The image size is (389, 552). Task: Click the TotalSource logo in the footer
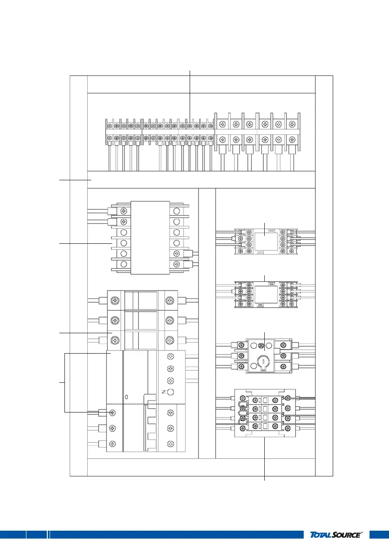click(335, 535)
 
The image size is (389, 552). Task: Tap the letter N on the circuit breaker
click(164, 392)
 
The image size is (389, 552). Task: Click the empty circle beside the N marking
click(171, 393)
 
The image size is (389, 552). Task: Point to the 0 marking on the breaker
click(127, 397)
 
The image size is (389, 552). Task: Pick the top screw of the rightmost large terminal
click(292, 124)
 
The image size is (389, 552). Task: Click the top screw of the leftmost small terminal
click(109, 126)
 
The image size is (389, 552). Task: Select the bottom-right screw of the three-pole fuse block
click(171, 340)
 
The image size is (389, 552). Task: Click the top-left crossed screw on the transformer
click(124, 211)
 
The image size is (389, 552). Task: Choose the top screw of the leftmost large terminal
click(223, 124)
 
